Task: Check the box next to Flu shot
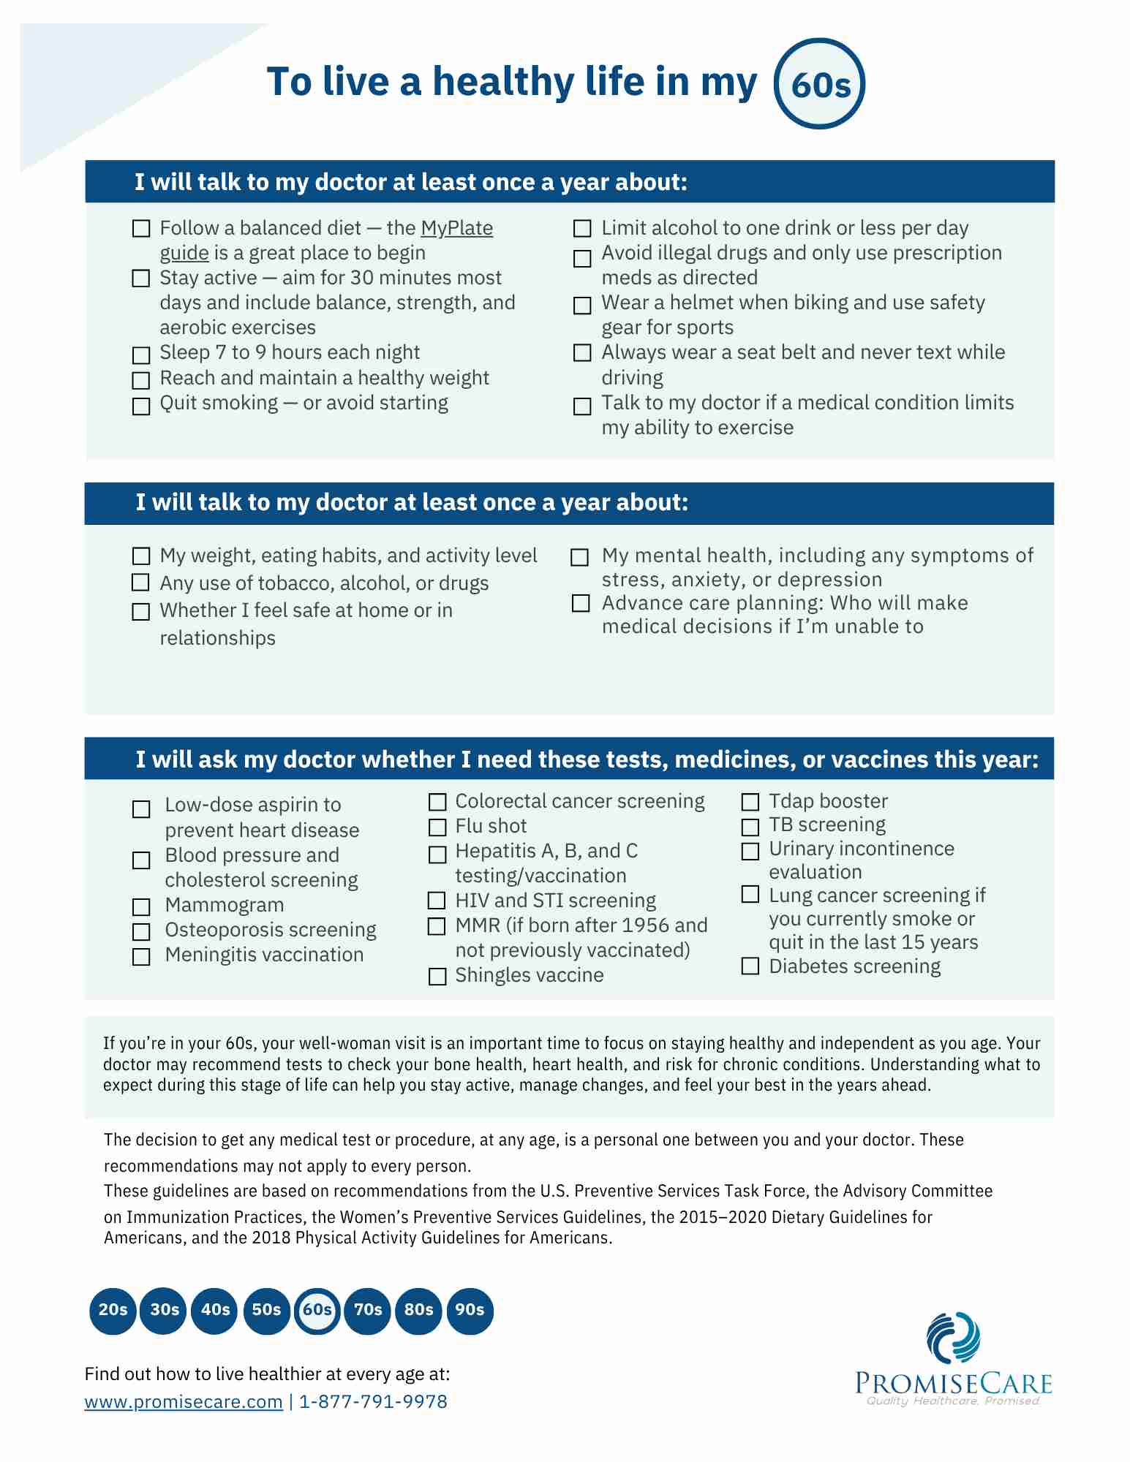click(437, 827)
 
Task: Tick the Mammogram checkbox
click(141, 907)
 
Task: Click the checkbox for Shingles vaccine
click(437, 977)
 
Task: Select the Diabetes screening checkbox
click(750, 966)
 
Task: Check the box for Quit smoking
click(141, 406)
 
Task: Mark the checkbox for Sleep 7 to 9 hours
click(141, 355)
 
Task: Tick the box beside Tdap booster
click(750, 802)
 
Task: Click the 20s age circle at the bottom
click(113, 1309)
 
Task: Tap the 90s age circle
click(470, 1309)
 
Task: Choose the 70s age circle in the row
click(368, 1309)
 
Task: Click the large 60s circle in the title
click(820, 84)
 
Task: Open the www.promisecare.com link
click(184, 1401)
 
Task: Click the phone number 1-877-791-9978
click(373, 1401)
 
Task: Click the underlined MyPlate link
click(457, 228)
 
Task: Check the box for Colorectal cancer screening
click(437, 802)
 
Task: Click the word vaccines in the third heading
click(881, 760)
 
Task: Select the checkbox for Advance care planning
click(581, 603)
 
